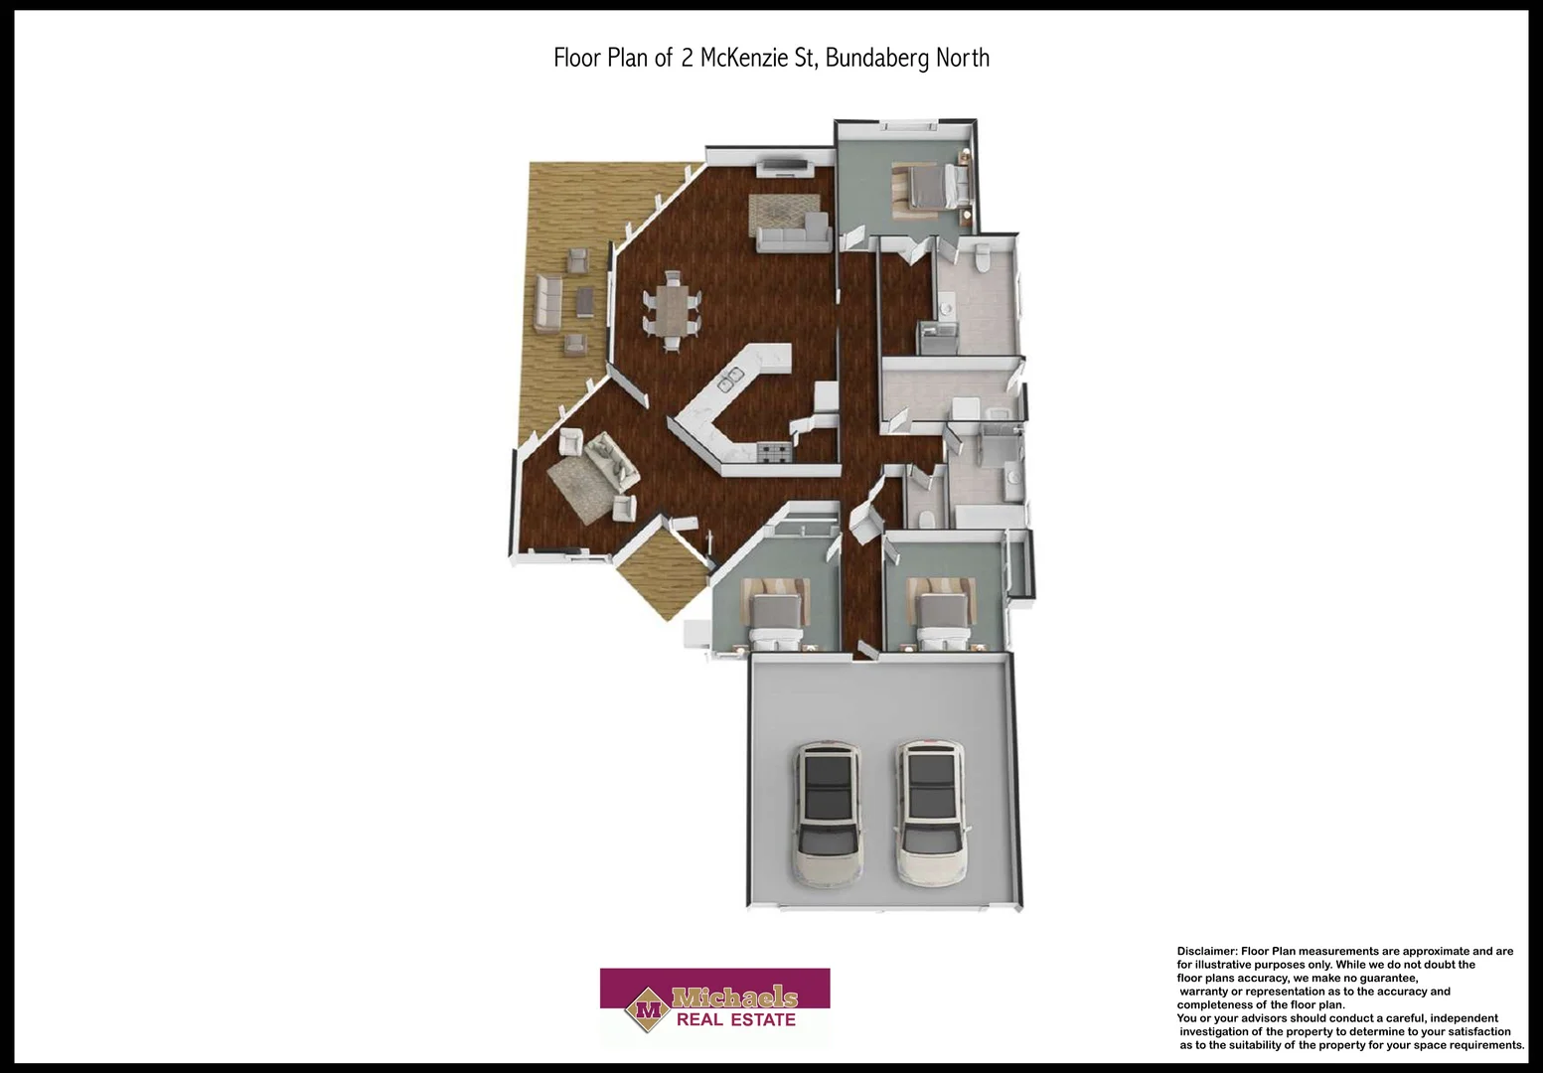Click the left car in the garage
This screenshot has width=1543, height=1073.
(x=827, y=813)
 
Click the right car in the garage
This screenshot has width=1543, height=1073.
(x=931, y=813)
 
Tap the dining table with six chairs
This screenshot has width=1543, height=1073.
(x=672, y=309)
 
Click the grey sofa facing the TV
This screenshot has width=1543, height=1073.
(x=793, y=237)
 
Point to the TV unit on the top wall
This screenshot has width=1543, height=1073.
(x=785, y=165)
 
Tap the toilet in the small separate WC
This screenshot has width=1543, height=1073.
(x=924, y=518)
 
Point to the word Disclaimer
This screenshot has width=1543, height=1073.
(x=1206, y=951)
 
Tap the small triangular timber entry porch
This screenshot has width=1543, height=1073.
(x=658, y=576)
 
